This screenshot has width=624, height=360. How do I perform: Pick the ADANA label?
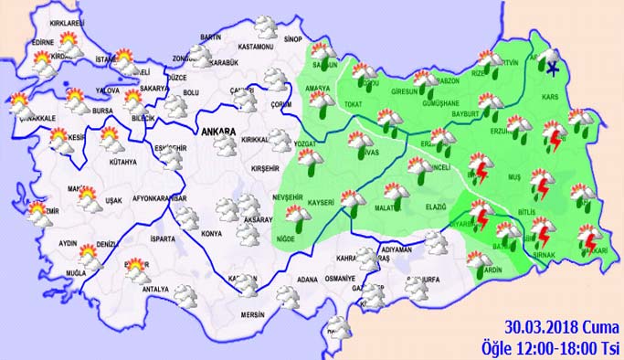click(307, 279)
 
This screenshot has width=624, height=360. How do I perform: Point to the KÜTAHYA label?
click(120, 163)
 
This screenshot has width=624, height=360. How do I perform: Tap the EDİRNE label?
click(42, 43)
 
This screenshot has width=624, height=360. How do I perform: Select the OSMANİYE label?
click(341, 279)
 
